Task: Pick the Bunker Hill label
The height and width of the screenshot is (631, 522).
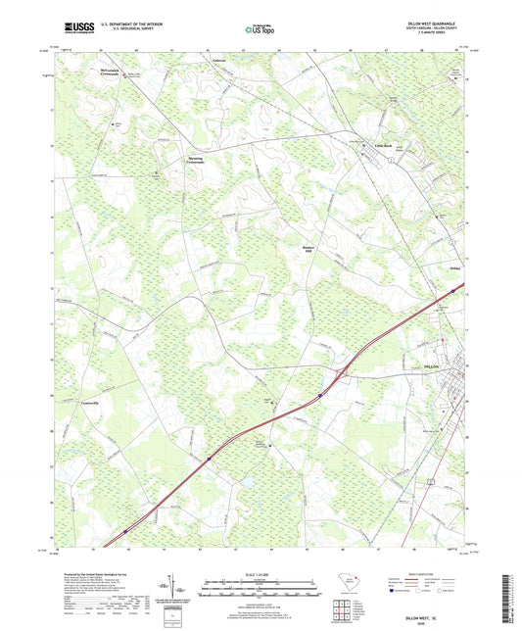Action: pyautogui.click(x=307, y=249)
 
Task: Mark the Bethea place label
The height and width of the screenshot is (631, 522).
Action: pyautogui.click(x=454, y=267)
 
